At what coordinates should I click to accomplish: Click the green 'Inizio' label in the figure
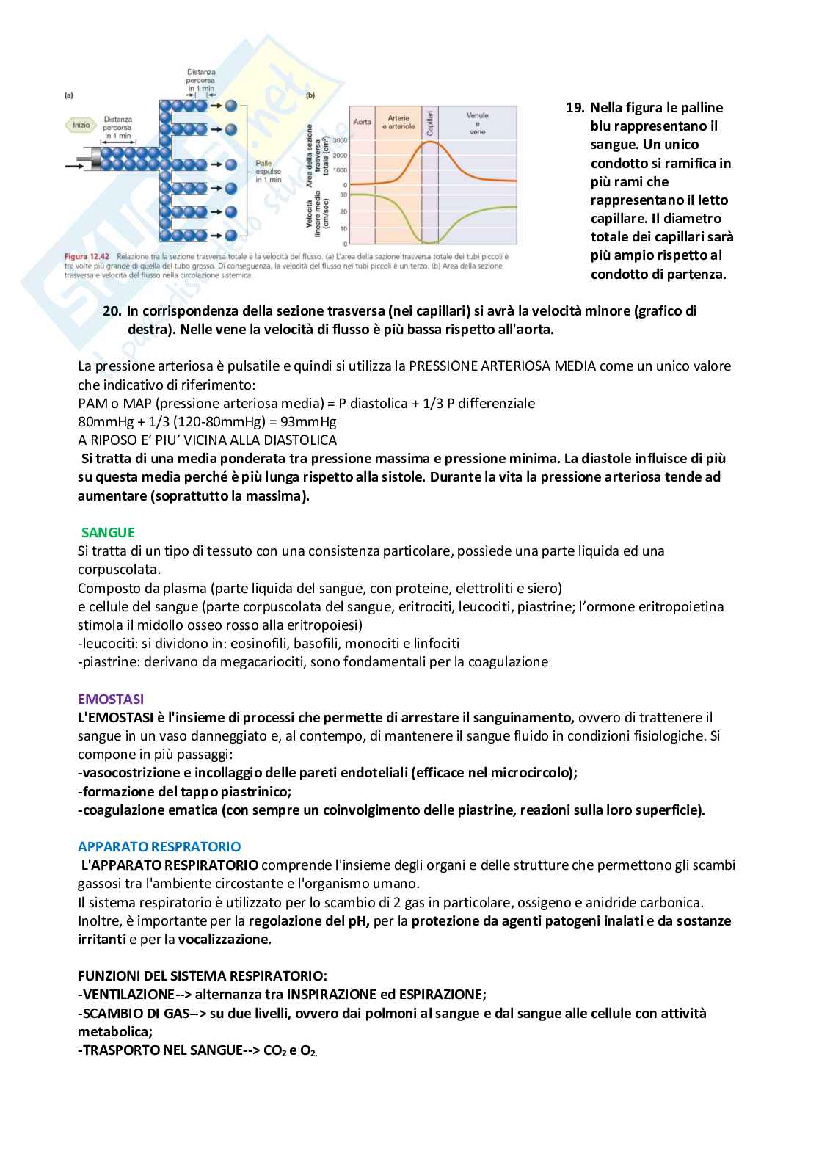coord(81,125)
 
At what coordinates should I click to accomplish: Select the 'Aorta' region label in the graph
coord(363,122)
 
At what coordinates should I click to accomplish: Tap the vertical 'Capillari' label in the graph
coord(430,121)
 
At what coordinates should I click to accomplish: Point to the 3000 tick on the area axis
coord(340,140)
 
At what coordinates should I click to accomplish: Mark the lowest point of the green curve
coord(430,241)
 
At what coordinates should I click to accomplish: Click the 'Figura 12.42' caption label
coord(87,257)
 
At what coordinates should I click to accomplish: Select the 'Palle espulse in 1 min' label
coord(269,172)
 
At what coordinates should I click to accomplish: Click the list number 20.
coord(112,311)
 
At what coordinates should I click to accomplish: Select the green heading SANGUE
coord(108,533)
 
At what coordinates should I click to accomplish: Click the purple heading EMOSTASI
coord(111,700)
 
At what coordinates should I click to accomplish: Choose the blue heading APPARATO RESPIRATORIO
coord(159,847)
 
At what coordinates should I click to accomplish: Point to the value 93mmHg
coord(311,422)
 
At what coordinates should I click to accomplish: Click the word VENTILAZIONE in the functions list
coord(127,995)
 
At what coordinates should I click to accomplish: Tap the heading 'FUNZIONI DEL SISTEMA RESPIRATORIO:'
coord(203,976)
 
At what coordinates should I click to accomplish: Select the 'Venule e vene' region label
coord(477,123)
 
